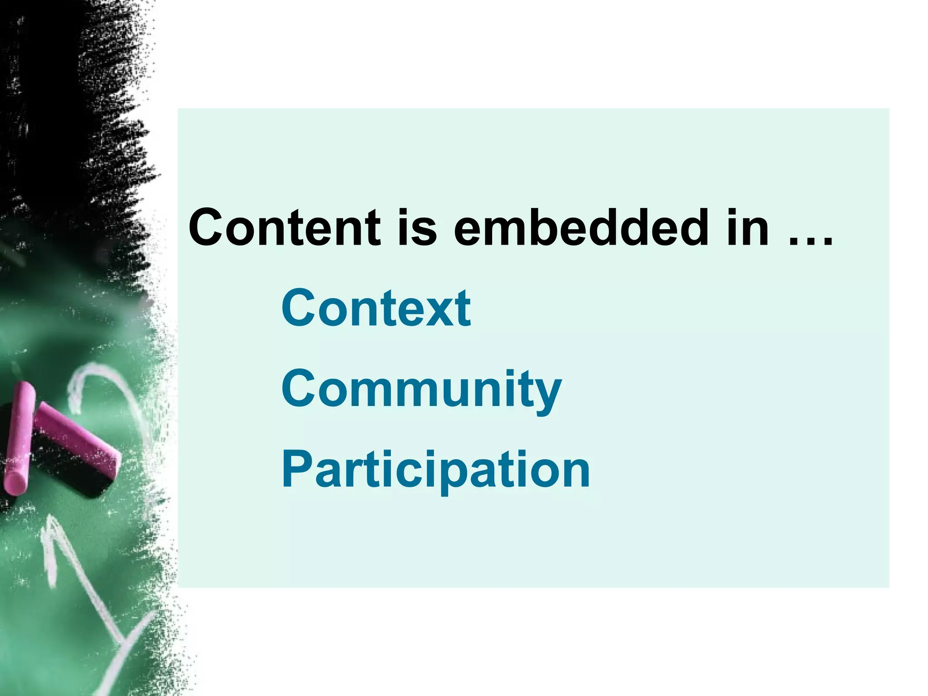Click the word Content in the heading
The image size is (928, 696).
285,227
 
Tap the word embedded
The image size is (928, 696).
580,227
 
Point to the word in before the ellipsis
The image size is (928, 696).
748,227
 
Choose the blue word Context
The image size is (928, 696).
376,308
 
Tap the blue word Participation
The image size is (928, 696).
435,470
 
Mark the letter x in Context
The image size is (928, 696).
433,313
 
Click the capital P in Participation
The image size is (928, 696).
298,469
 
